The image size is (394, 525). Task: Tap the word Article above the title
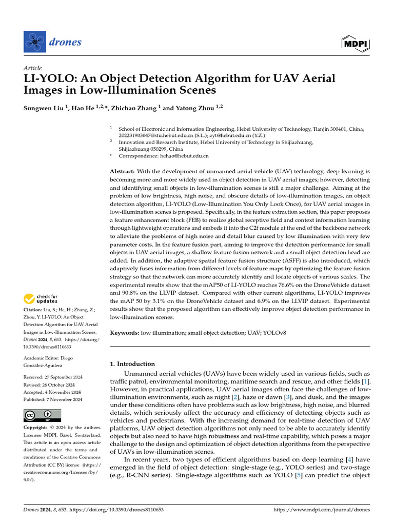pyautogui.click(x=32, y=68)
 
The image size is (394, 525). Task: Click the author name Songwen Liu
pyautogui.click(x=44, y=108)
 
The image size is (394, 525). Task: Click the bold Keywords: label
pyautogui.click(x=125, y=333)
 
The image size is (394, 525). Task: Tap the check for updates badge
pyautogui.click(x=41, y=299)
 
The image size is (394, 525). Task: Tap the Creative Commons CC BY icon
pyautogui.click(x=42, y=415)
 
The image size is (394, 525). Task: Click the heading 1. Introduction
pyautogui.click(x=132, y=364)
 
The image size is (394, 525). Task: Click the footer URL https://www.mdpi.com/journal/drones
pyautogui.click(x=322, y=510)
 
